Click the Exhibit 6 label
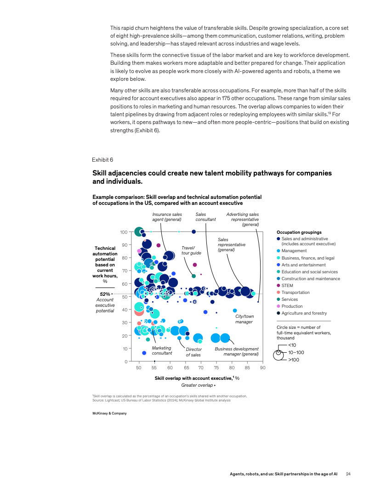(x=102, y=159)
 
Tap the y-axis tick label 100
(x=124, y=232)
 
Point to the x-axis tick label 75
(x=216, y=368)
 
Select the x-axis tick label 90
(x=262, y=368)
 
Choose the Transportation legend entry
(x=295, y=292)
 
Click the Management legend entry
(x=294, y=251)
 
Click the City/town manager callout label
(x=244, y=319)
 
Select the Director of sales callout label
(x=193, y=352)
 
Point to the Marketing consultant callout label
(x=162, y=350)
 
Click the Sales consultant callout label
(x=205, y=217)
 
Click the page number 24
(x=348, y=474)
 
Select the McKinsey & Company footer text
(x=109, y=413)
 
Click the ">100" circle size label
(x=293, y=360)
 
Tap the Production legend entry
(x=292, y=306)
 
